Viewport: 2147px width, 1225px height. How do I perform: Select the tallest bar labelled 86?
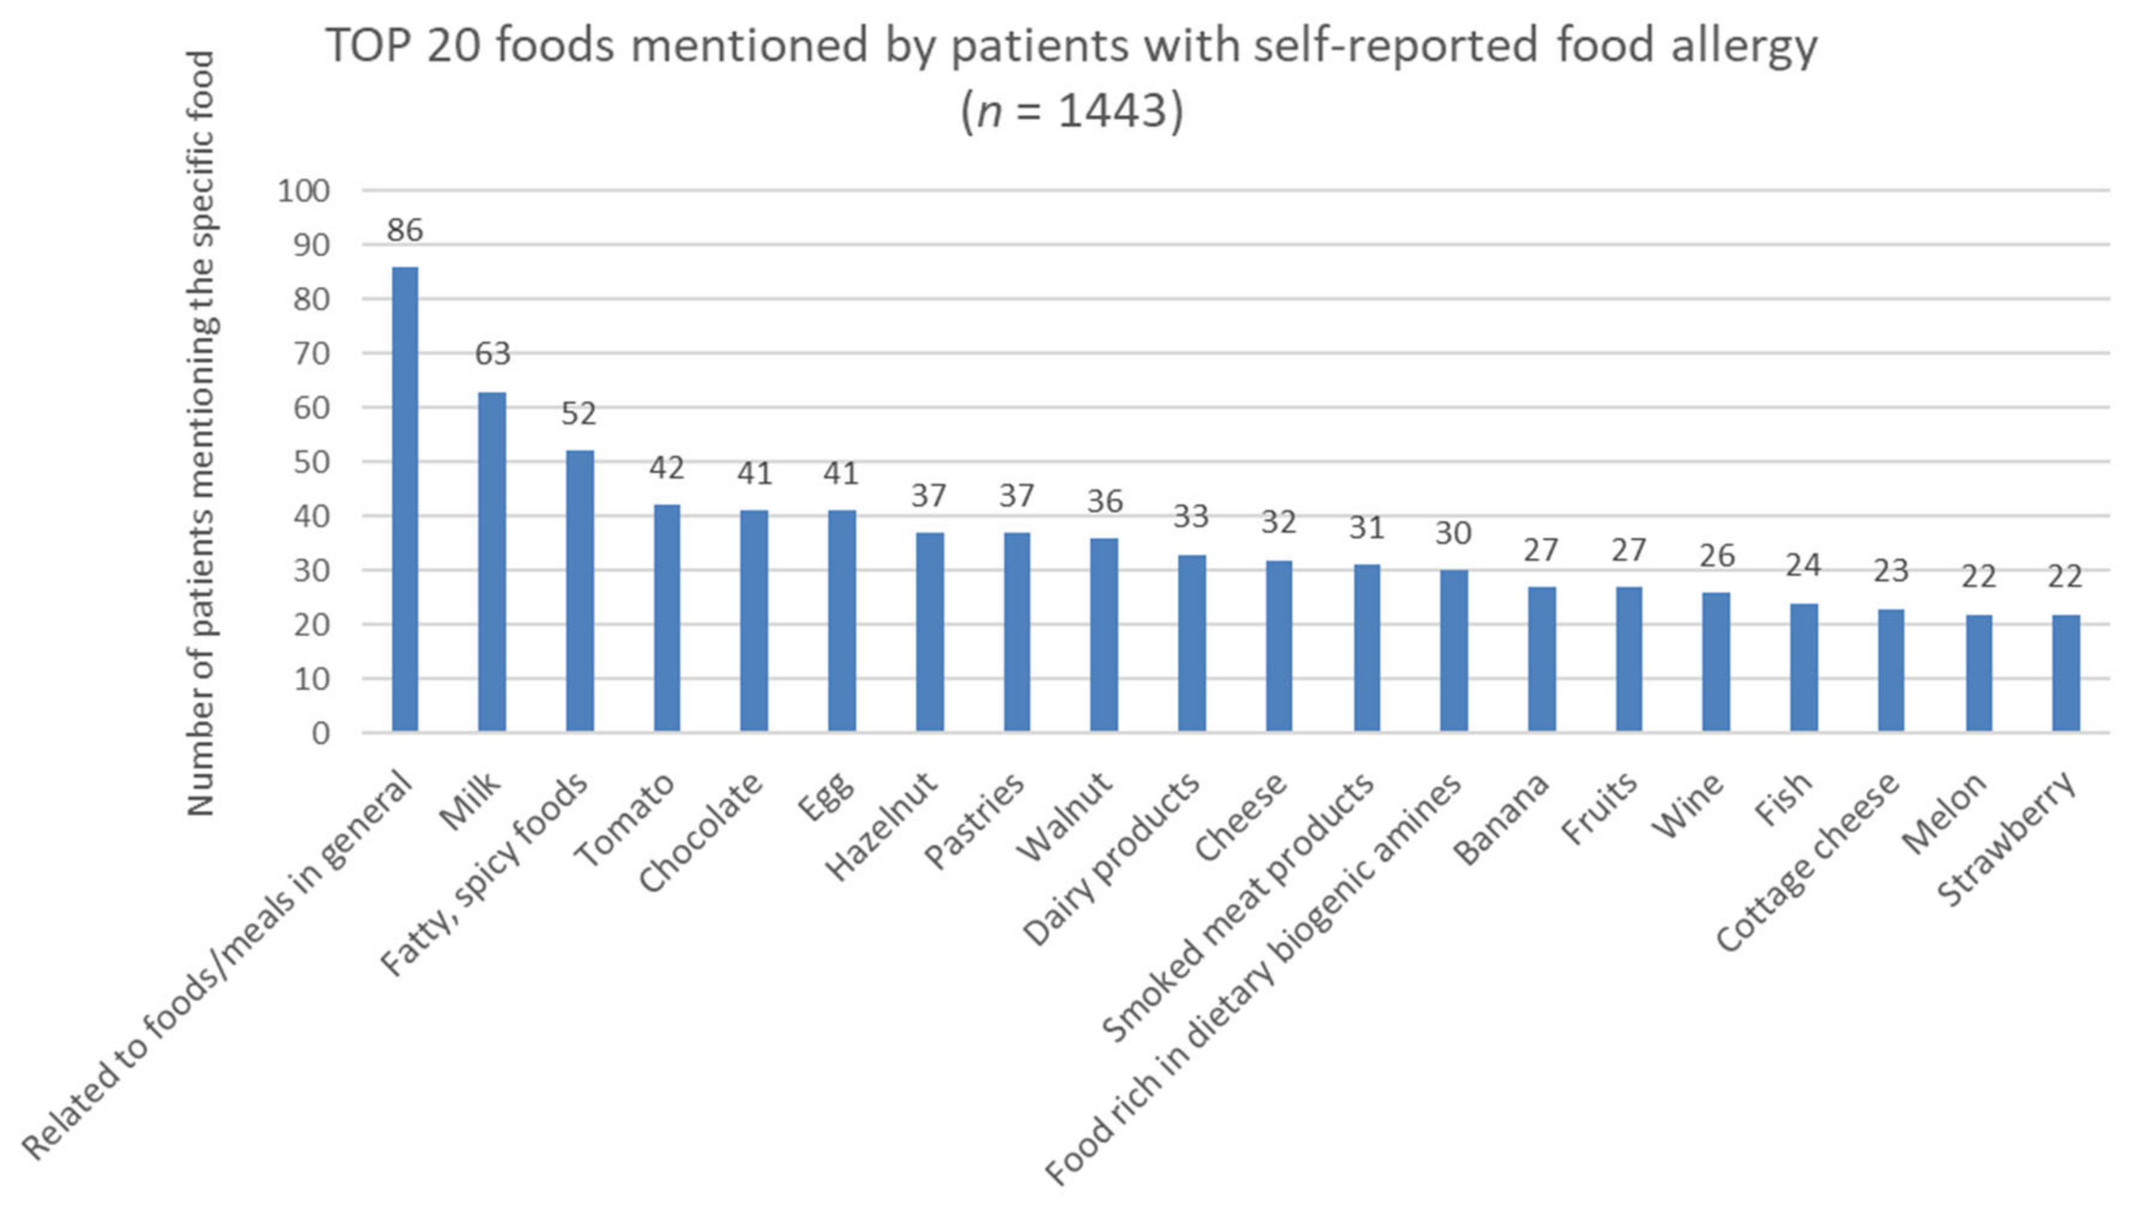tap(405, 499)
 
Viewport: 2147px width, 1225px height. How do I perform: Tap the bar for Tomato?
tap(666, 618)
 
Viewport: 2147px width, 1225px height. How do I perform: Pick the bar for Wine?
tap(1715, 662)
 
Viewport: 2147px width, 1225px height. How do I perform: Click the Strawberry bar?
tap(2066, 672)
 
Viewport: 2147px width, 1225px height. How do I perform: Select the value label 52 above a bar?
tap(579, 414)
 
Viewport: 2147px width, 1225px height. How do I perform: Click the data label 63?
tap(492, 353)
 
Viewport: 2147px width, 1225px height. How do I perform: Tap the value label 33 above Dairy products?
tap(1191, 516)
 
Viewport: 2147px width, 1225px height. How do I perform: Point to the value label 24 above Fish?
tap(1803, 565)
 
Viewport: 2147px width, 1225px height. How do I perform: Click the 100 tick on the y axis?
tap(303, 191)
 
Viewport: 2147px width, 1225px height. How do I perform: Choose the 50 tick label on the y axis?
tap(311, 462)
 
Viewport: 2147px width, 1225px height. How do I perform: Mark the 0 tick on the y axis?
tap(320, 733)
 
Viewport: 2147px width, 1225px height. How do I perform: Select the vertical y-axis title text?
tap(200, 434)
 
